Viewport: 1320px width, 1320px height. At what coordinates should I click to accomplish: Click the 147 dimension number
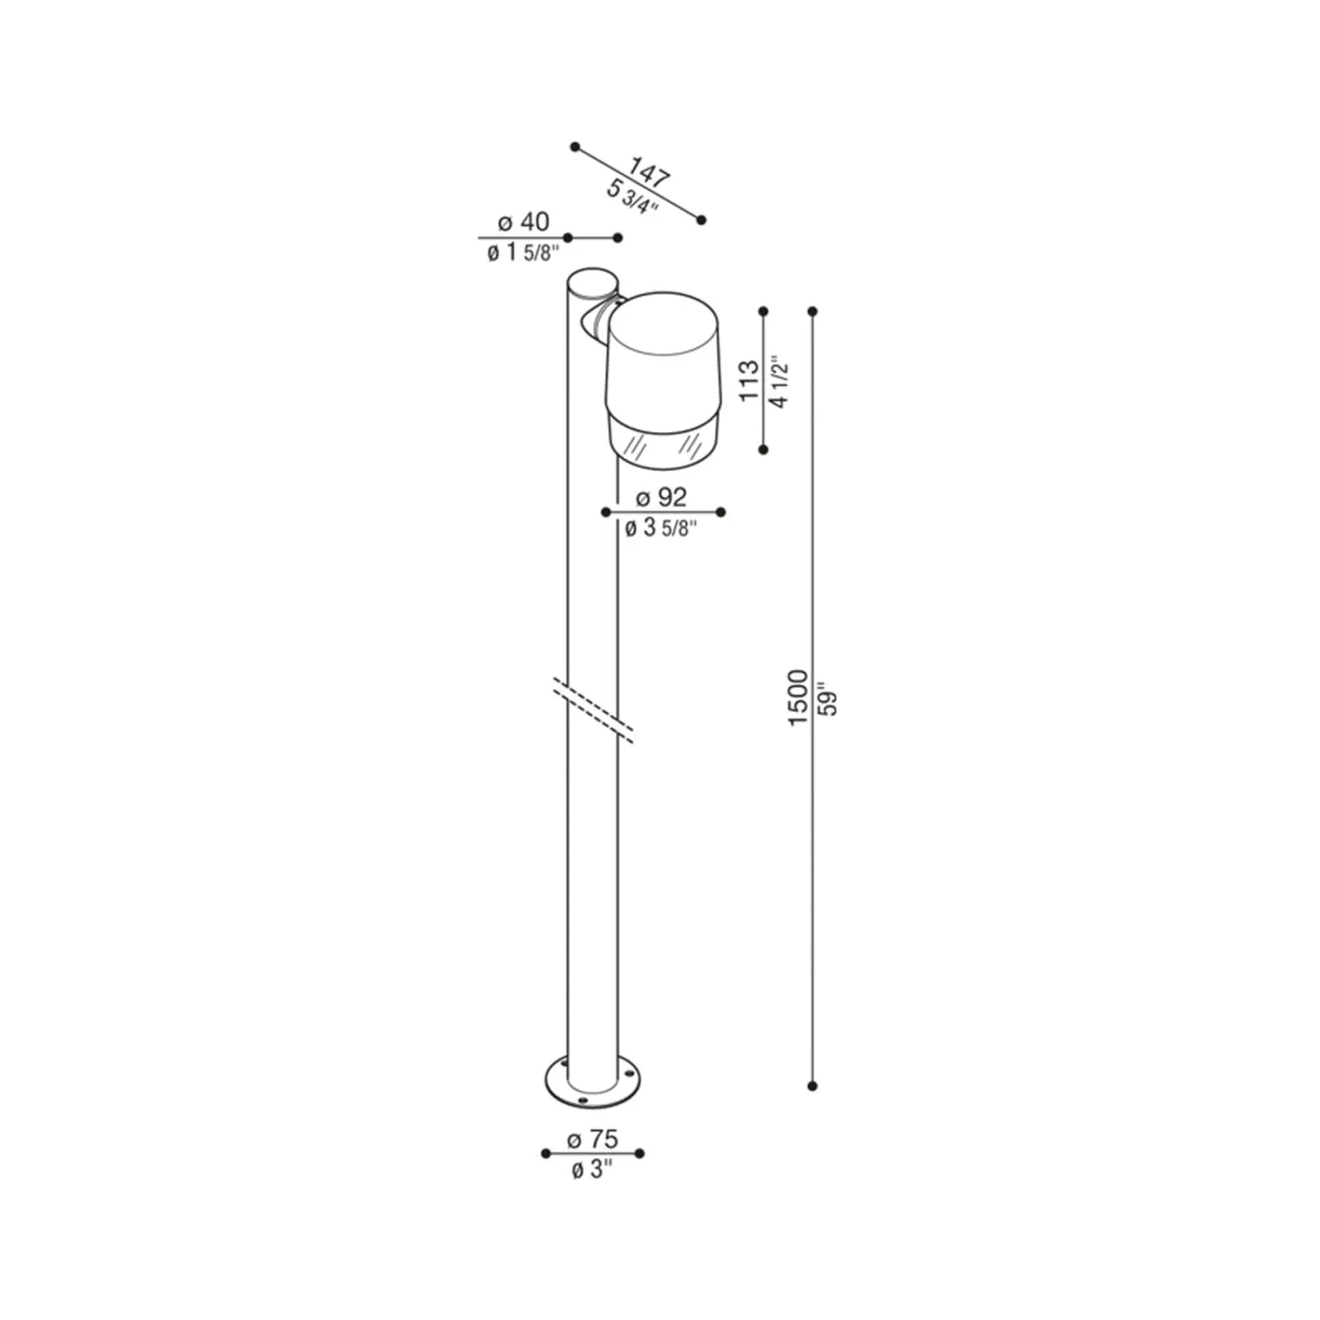click(x=649, y=174)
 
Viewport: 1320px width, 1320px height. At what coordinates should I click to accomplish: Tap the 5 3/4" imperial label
click(x=632, y=197)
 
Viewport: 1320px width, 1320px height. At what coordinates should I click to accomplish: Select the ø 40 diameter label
click(x=524, y=222)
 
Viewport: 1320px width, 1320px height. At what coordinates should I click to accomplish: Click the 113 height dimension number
click(x=749, y=381)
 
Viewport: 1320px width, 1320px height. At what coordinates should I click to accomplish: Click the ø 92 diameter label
click(x=661, y=496)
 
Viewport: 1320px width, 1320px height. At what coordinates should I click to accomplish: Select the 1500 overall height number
click(x=797, y=698)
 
